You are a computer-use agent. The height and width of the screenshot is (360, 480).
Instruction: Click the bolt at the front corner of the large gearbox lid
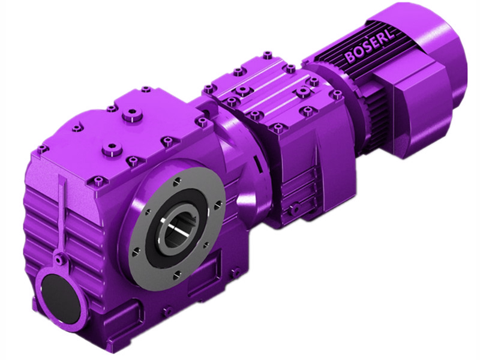point(95,180)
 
